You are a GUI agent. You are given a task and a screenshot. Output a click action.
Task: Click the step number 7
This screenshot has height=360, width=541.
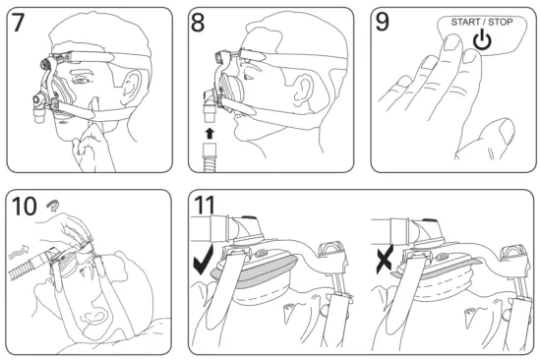18,22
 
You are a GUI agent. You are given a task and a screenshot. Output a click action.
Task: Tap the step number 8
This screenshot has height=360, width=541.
198,23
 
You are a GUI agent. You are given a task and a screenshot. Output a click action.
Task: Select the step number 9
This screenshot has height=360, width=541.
382,22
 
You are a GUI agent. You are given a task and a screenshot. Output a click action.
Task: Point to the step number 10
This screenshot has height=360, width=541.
24,207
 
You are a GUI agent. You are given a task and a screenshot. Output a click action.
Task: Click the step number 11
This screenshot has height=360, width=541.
205,206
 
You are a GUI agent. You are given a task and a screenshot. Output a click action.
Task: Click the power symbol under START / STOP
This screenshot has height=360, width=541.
482,40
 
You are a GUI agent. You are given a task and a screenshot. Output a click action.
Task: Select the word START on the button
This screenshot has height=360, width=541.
465,22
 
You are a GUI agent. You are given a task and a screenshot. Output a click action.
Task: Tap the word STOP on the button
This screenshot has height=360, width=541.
501,22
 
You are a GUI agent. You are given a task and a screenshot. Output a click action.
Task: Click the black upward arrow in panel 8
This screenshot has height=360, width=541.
210,134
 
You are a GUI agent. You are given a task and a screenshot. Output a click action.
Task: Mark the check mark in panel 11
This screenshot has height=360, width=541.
203,262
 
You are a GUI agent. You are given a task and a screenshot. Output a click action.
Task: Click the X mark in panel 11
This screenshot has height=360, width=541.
385,260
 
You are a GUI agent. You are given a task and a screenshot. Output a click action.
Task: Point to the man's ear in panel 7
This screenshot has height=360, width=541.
131,89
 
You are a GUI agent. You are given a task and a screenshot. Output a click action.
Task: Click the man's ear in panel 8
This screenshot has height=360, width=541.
304,90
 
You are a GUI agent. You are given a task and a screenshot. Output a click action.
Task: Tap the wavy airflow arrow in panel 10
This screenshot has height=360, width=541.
19,253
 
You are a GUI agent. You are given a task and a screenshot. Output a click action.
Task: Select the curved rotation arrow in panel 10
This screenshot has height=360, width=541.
52,205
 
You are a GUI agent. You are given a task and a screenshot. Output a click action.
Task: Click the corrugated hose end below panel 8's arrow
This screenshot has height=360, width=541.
210,157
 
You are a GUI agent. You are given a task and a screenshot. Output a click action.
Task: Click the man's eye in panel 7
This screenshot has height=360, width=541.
80,81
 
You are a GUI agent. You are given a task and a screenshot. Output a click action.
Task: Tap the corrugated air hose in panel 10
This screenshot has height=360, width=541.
30,265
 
